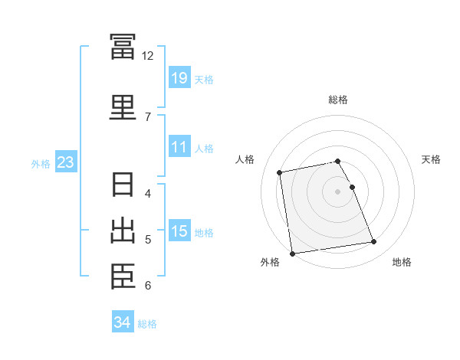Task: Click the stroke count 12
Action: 147,56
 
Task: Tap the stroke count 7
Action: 147,116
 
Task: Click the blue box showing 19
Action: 179,78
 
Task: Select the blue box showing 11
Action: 179,148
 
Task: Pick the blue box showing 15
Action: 179,231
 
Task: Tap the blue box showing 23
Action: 65,162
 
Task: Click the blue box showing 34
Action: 122,322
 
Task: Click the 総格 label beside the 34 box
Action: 147,324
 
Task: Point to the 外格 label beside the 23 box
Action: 41,163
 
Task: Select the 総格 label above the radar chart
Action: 338,100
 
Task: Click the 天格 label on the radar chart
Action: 432,159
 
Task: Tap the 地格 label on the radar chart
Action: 402,262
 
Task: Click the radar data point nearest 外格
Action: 292,253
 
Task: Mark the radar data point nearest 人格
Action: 281,172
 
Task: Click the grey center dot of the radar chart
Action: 338,191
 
